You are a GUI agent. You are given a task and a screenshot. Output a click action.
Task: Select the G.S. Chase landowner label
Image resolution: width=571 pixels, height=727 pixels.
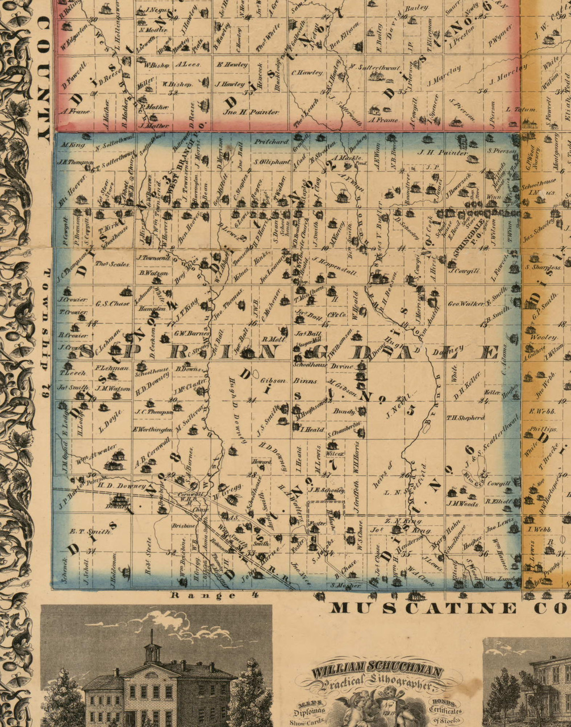(x=113, y=303)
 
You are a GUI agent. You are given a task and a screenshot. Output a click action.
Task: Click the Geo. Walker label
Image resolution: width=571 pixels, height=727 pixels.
(x=465, y=304)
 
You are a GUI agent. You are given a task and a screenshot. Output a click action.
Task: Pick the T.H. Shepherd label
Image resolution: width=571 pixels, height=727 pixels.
(x=465, y=417)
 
